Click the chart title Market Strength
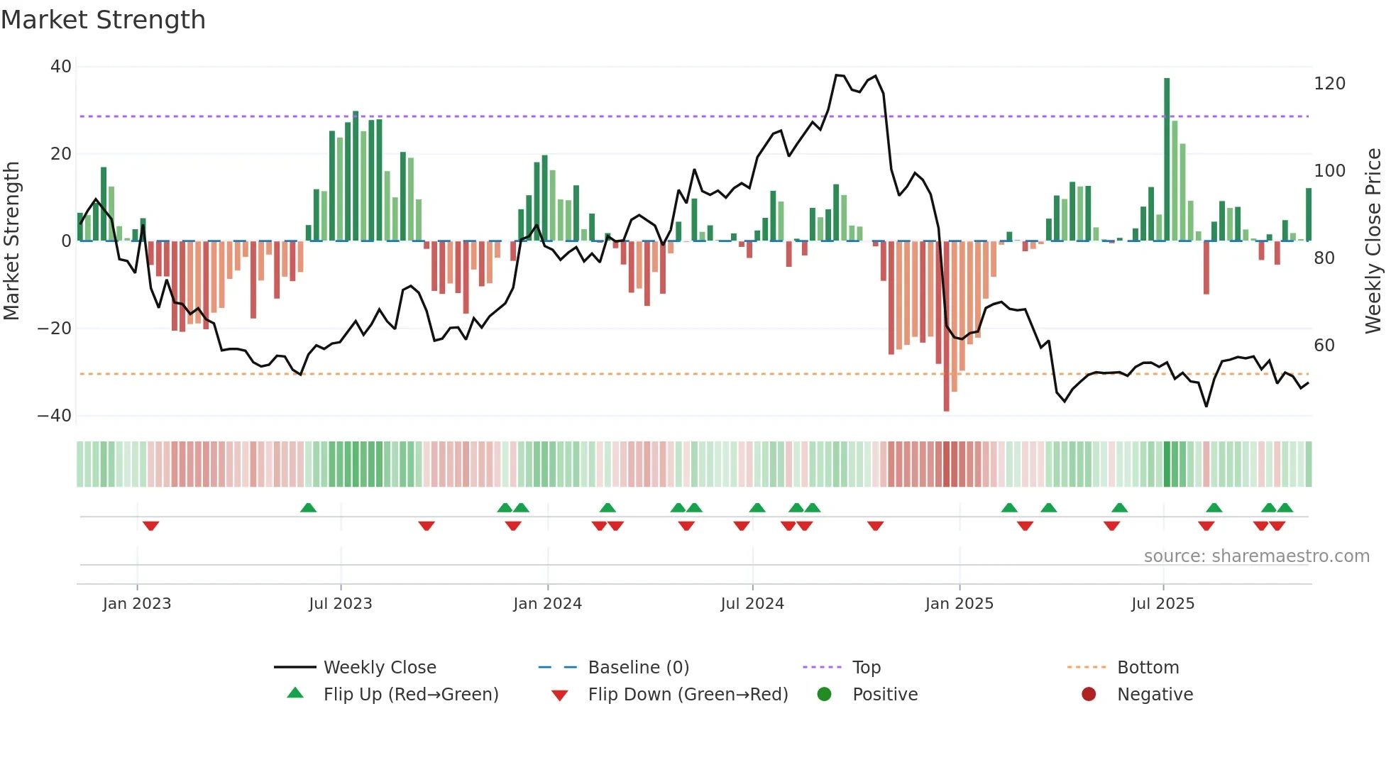point(103,20)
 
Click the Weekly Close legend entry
point(379,668)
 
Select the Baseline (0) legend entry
point(638,668)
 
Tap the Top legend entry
point(866,668)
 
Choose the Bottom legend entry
point(1148,668)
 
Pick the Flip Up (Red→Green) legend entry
point(410,695)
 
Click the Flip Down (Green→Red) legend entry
point(687,695)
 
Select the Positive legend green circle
point(824,695)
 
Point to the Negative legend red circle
point(1089,695)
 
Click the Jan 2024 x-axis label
point(547,604)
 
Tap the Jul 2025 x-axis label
point(1162,604)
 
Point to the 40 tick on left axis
point(61,67)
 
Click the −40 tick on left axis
point(55,416)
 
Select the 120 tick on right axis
point(1329,84)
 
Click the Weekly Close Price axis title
point(1373,241)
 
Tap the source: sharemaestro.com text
point(1256,556)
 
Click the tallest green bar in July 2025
point(1167,160)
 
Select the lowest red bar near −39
point(946,326)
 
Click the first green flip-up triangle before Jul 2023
point(308,508)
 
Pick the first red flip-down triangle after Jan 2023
point(150,526)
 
